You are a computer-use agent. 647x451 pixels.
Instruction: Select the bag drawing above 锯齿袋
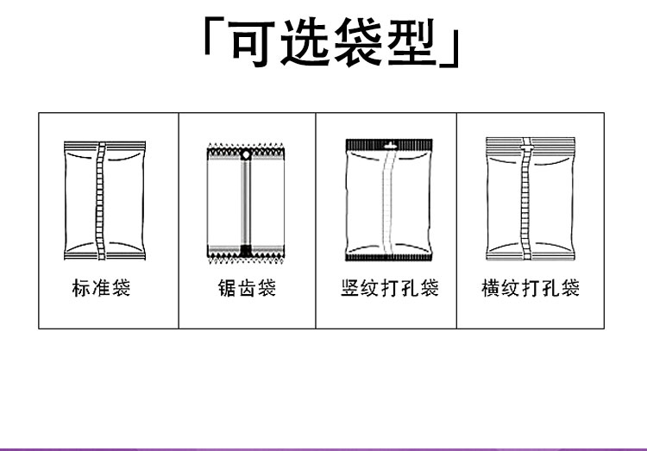(x=246, y=201)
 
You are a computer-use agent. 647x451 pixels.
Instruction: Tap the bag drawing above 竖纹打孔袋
(x=388, y=199)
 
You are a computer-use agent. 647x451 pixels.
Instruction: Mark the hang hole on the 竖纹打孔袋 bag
(x=388, y=146)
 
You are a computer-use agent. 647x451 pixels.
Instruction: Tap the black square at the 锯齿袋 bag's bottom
(x=246, y=250)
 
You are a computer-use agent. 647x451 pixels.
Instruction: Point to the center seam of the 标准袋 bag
(x=102, y=199)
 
